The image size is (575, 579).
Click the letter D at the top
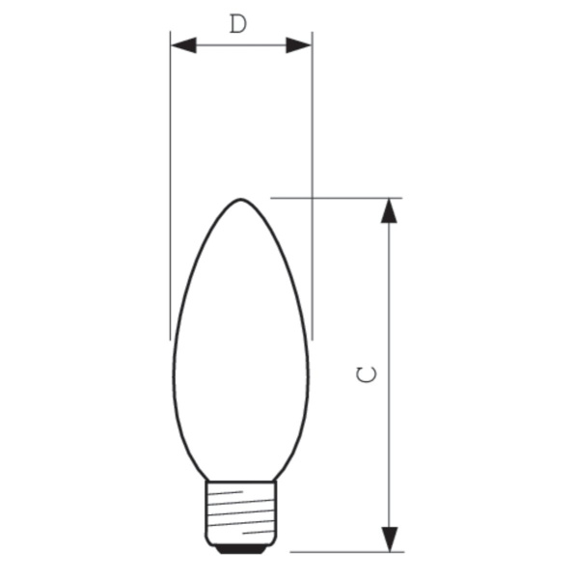pos(238,24)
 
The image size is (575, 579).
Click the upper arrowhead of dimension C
pos(389,211)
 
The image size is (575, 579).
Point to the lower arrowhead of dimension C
pos(389,539)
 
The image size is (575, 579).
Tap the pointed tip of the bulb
pos(240,201)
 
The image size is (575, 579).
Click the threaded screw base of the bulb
pos(240,511)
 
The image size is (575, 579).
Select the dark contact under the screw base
pos(240,548)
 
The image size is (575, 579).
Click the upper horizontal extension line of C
pos(347,198)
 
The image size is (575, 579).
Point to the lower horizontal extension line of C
pos(347,553)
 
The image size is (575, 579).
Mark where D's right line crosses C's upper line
pos(312,198)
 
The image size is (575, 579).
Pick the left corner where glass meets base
pos(206,480)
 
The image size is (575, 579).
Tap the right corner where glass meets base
pos(275,480)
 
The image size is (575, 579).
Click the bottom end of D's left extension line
pos(171,339)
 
